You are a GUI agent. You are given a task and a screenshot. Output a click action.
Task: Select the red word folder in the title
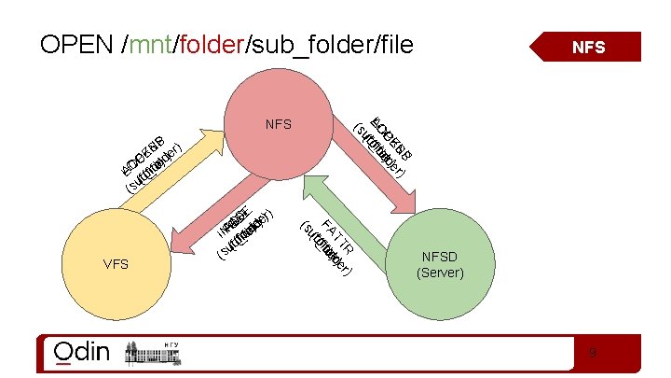211,46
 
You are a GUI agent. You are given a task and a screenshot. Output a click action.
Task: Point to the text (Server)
441,273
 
